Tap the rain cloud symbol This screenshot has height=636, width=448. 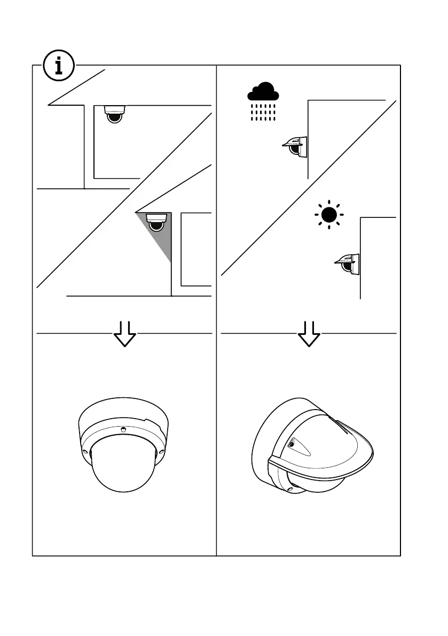click(263, 93)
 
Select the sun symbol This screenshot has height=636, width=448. click(329, 215)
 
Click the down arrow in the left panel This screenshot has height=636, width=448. click(125, 334)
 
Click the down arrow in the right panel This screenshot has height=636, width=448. click(309, 334)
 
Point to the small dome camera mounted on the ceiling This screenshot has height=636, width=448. click(114, 114)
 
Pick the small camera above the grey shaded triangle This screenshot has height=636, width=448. click(156, 222)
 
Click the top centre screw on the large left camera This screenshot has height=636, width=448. click(123, 428)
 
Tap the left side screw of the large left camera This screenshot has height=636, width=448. click(84, 452)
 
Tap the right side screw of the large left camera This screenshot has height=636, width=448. click(161, 451)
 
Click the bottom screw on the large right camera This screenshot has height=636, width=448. click(290, 489)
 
